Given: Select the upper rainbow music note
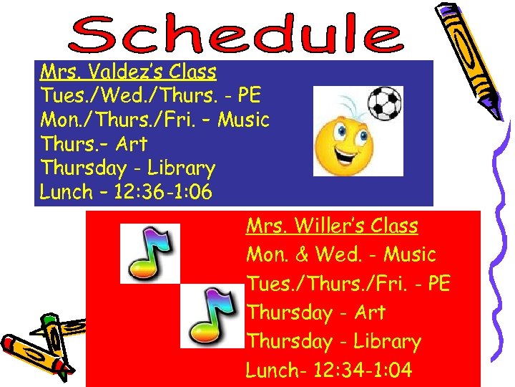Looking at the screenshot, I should (x=149, y=253).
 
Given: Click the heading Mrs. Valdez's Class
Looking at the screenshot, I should (x=129, y=72).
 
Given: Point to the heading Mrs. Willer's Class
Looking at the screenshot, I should (x=332, y=226).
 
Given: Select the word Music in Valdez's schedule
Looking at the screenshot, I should (x=243, y=120).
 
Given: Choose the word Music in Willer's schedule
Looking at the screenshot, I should (x=409, y=255).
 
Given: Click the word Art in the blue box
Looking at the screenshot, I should (x=131, y=144).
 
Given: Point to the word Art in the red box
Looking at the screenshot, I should (x=368, y=312).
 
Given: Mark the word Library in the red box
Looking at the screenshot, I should (x=387, y=342).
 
